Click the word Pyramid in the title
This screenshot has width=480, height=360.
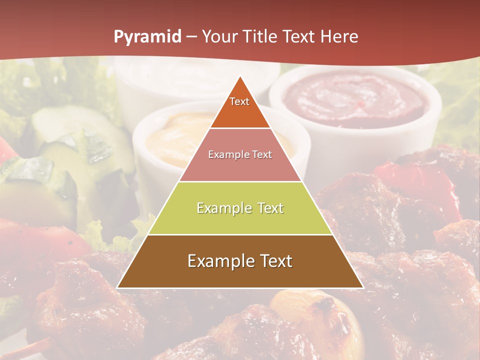[x=147, y=37]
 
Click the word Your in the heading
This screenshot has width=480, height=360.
[x=218, y=37]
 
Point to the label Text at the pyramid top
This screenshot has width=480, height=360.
[x=239, y=101]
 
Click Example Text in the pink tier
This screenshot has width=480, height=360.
[x=240, y=154]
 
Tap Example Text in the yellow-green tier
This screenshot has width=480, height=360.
[x=240, y=208]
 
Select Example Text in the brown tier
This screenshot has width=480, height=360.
[x=240, y=261]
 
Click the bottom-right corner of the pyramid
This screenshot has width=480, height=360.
[x=363, y=287]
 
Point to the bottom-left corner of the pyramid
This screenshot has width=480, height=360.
[x=117, y=287]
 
